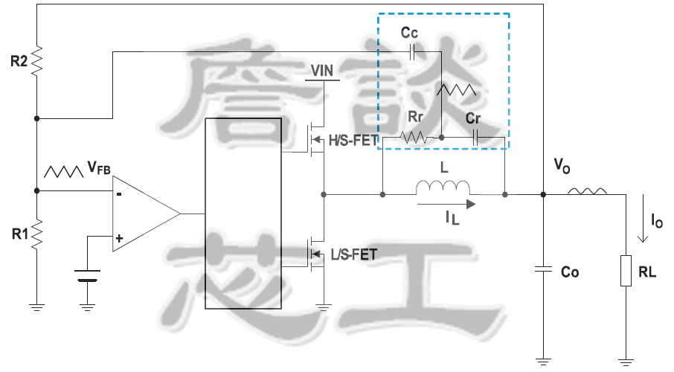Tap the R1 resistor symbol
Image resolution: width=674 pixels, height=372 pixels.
coord(36,234)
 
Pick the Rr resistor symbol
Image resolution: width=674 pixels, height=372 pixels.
coord(414,138)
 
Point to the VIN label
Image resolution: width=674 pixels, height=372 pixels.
coord(323,71)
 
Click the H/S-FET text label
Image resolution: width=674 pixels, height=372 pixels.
coord(353,140)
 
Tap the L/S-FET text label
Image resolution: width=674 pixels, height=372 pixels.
coord(353,254)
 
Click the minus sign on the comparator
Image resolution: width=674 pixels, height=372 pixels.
coord(119,195)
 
